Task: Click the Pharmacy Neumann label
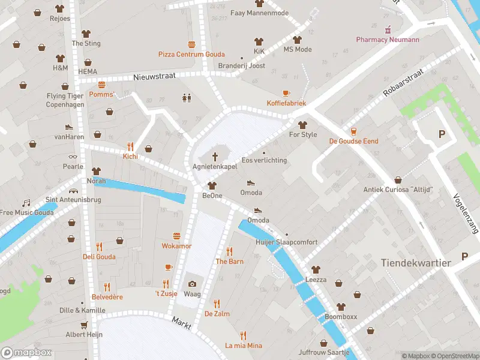[x=387, y=40]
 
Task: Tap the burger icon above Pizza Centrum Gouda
[x=191, y=44]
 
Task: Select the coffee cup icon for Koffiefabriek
[x=286, y=93]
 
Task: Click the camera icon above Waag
[x=192, y=284]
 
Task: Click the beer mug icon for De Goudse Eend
[x=353, y=131]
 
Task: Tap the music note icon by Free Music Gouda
[x=26, y=203]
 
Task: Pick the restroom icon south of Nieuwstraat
[x=186, y=98]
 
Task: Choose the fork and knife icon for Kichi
[x=130, y=146]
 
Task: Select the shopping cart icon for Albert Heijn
[x=84, y=325]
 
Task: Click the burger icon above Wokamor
[x=176, y=236]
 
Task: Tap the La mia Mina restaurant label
[x=243, y=346]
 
